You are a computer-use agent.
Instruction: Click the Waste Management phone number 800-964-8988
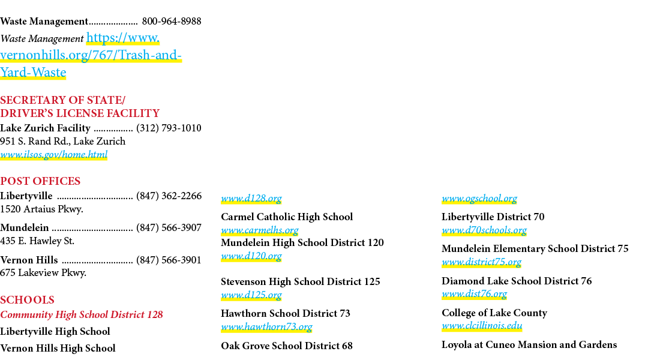pyautogui.click(x=172, y=21)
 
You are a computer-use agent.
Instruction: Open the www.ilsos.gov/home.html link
pyautogui.click(x=54, y=155)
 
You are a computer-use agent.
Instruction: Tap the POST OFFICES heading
pyautogui.click(x=40, y=181)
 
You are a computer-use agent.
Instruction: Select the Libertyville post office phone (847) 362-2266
pyautogui.click(x=169, y=196)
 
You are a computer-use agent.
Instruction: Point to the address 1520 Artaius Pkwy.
pyautogui.click(x=42, y=209)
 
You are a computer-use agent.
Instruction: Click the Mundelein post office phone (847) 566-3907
pyautogui.click(x=169, y=228)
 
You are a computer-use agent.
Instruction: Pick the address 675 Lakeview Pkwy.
pyautogui.click(x=43, y=273)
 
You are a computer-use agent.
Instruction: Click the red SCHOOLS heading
pyautogui.click(x=27, y=299)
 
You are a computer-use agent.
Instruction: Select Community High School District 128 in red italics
pyautogui.click(x=82, y=314)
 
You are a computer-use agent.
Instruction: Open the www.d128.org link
pyautogui.click(x=251, y=199)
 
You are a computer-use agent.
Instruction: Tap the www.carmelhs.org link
pyautogui.click(x=260, y=230)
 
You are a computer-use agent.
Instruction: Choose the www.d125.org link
pyautogui.click(x=251, y=295)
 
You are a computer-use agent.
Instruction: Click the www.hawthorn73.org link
pyautogui.click(x=266, y=327)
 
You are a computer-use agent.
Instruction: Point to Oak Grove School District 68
pyautogui.click(x=287, y=346)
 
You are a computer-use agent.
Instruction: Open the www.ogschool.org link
pyautogui.click(x=479, y=199)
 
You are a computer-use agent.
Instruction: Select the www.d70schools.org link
pyautogui.click(x=484, y=230)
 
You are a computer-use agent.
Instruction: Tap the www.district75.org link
pyautogui.click(x=481, y=262)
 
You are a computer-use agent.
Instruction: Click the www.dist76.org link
pyautogui.click(x=474, y=294)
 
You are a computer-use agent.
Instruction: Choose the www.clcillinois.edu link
pyautogui.click(x=482, y=326)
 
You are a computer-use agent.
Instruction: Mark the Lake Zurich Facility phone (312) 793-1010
pyautogui.click(x=169, y=128)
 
